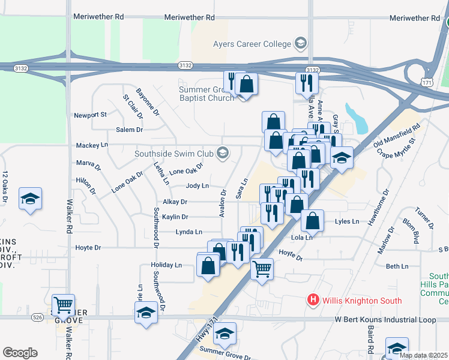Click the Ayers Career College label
252,43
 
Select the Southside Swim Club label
174,153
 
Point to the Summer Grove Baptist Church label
206,94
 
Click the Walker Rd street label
70,216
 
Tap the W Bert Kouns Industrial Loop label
385,320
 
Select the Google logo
20,352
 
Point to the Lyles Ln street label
346,221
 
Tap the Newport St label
90,115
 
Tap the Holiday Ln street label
166,265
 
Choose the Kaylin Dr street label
175,217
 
